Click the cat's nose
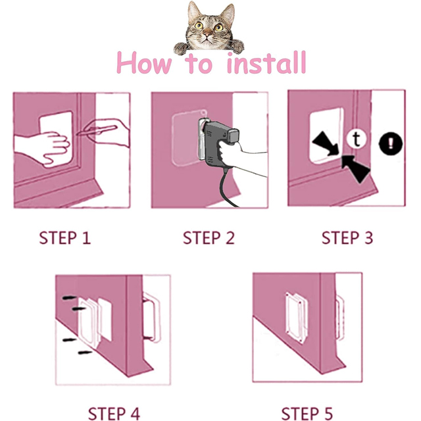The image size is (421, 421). [x=207, y=34]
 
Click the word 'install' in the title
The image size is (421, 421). [x=266, y=62]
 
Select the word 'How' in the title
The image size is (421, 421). [x=144, y=63]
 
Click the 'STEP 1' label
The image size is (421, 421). [x=65, y=238]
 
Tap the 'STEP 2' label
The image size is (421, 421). [x=209, y=238]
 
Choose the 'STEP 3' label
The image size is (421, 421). [x=347, y=238]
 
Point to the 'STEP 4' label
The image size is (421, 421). [x=114, y=414]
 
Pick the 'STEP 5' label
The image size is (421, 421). [x=307, y=414]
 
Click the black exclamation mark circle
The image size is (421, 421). [x=391, y=143]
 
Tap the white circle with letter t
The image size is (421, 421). [x=356, y=139]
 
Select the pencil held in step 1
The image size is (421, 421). [x=97, y=130]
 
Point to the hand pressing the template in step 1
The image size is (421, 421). [x=43, y=147]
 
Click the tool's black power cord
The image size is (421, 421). [x=227, y=188]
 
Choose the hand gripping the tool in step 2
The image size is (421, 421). [x=236, y=156]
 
